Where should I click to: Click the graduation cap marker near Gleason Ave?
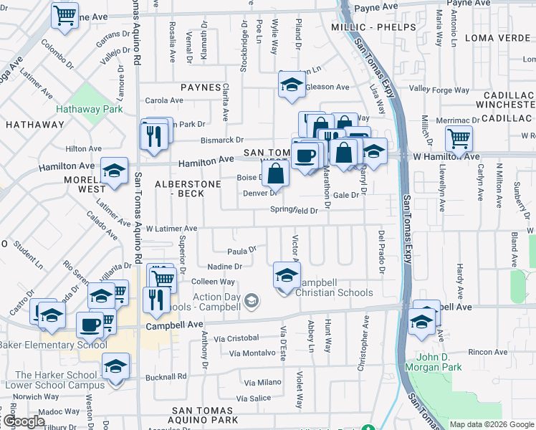click(x=292, y=85)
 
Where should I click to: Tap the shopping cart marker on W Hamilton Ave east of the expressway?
click(x=458, y=138)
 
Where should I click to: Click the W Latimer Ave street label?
click(x=171, y=228)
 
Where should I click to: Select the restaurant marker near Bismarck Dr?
click(x=153, y=135)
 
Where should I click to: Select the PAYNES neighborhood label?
click(x=201, y=87)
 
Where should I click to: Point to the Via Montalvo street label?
click(x=253, y=353)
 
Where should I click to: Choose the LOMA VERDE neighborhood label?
click(x=500, y=37)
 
